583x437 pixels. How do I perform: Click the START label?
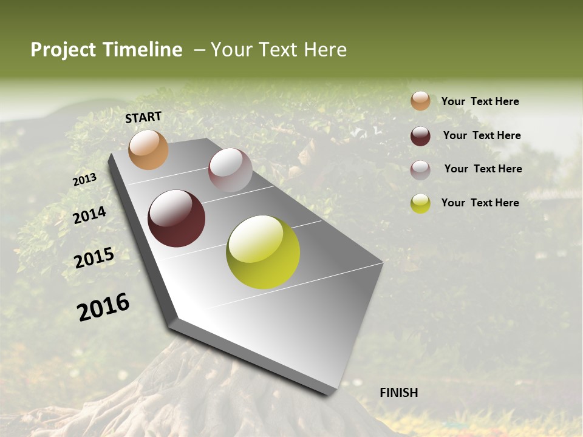(x=143, y=117)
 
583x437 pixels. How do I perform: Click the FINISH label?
(x=398, y=393)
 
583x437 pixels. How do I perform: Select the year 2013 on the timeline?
(x=84, y=180)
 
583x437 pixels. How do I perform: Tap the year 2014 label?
(x=90, y=215)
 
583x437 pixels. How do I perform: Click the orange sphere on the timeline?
(x=148, y=150)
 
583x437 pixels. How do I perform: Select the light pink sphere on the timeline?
(x=230, y=170)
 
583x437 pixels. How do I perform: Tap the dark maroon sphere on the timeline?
(x=176, y=218)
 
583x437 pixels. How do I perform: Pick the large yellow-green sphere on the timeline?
(x=263, y=252)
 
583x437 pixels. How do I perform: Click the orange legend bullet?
(x=420, y=101)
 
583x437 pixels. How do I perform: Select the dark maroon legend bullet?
(x=420, y=135)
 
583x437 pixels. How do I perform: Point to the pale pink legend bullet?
(x=420, y=169)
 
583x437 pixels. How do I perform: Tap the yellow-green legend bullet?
(x=420, y=203)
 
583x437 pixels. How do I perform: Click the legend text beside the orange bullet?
(x=480, y=101)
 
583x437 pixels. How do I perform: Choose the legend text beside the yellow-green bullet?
(x=480, y=203)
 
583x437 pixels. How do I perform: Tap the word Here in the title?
(x=324, y=50)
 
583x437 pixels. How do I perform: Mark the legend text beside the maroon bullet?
(x=482, y=135)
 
